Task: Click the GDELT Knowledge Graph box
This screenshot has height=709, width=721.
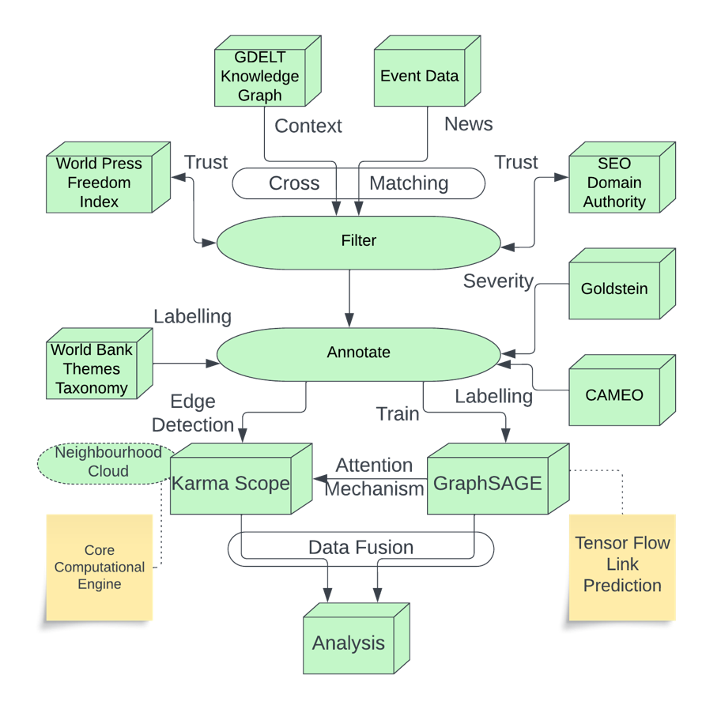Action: [x=260, y=77]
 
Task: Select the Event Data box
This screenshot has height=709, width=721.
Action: [x=419, y=77]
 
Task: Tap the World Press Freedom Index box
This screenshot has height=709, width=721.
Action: [x=99, y=183]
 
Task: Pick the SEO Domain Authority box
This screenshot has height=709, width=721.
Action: [x=614, y=183]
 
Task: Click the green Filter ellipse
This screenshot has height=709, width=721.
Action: [x=358, y=241]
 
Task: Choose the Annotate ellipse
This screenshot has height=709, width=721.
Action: [x=358, y=353]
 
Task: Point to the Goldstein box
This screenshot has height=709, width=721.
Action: [x=614, y=289]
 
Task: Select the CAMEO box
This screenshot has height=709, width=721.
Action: [x=614, y=395]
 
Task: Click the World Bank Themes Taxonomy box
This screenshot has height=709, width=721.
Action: [x=92, y=369]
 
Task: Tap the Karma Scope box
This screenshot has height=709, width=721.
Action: [x=231, y=484]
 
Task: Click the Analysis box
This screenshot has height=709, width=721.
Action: [x=349, y=643]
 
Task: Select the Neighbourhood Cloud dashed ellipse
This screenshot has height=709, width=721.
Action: [x=108, y=462]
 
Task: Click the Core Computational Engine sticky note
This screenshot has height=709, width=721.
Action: [x=100, y=567]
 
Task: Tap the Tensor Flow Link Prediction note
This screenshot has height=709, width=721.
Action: [x=622, y=564]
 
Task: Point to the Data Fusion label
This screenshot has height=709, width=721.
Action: [x=360, y=548]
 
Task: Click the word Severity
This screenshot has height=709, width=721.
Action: [x=498, y=281]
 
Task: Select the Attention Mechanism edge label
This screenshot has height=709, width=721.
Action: [x=374, y=477]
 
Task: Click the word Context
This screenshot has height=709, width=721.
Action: [x=308, y=126]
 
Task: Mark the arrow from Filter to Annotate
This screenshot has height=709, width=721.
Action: [x=350, y=296]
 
